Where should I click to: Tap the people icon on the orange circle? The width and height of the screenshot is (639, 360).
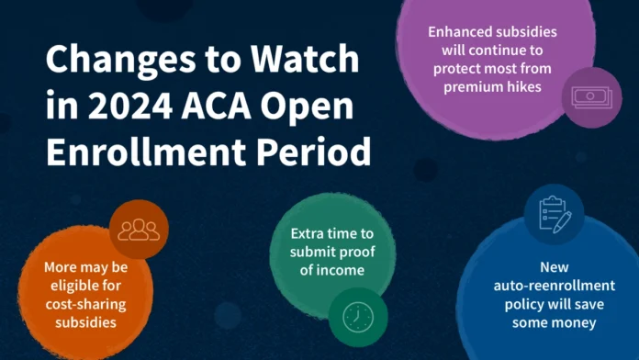(x=139, y=230)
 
